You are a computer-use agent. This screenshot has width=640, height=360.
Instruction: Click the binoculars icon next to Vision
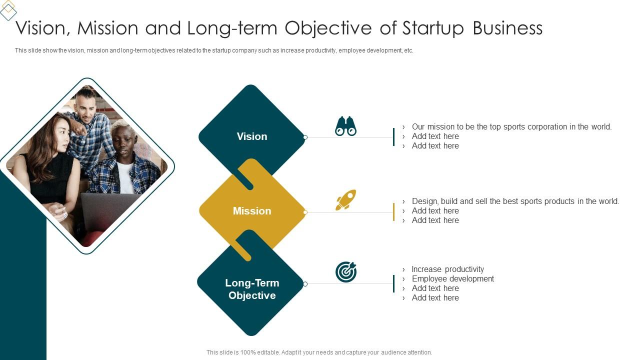point(345,126)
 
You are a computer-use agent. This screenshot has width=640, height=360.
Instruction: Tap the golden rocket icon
point(345,200)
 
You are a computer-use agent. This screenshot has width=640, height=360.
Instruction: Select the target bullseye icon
point(346,272)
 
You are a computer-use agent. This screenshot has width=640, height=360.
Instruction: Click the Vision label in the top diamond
point(252,136)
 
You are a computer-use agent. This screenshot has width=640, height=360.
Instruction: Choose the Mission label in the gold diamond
point(252,211)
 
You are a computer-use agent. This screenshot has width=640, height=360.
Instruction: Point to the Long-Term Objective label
point(252,289)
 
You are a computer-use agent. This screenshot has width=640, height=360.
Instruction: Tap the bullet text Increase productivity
point(447,269)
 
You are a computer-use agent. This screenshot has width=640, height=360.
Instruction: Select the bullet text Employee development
point(452,278)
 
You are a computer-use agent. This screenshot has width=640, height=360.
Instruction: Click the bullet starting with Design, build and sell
point(515,201)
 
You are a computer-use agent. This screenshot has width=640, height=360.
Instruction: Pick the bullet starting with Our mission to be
point(511,126)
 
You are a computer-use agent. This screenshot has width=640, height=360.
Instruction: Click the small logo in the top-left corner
point(8,10)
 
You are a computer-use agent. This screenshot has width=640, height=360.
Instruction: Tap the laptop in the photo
point(107,210)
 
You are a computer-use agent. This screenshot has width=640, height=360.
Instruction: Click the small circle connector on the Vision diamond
point(305,137)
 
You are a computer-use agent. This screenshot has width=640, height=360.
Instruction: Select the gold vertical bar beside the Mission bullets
point(394,212)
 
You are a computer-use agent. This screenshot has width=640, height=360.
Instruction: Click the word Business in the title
point(507,28)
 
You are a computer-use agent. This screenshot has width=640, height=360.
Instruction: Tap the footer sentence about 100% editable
point(319,352)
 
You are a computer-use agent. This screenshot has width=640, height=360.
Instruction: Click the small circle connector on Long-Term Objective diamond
point(305,284)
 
